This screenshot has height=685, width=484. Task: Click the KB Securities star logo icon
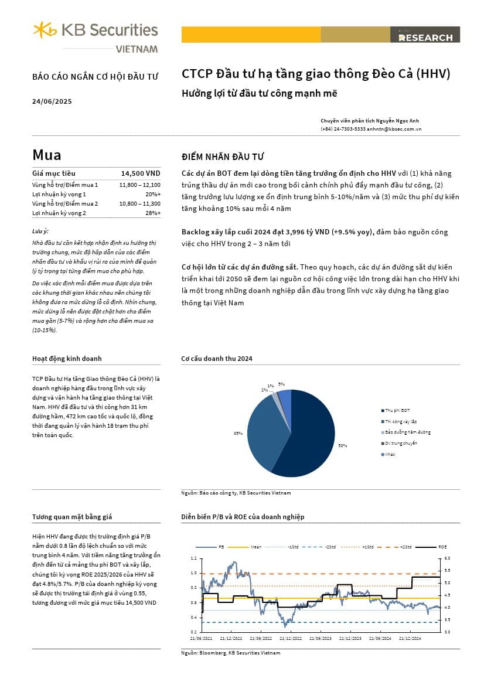click(x=45, y=29)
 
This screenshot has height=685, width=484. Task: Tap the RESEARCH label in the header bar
click(x=425, y=38)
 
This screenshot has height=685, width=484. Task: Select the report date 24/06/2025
click(x=52, y=101)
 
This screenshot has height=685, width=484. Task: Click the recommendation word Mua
click(x=47, y=155)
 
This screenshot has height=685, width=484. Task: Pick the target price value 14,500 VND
click(x=141, y=173)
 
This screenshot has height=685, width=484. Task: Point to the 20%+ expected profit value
click(x=153, y=194)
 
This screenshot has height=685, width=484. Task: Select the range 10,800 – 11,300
click(x=139, y=203)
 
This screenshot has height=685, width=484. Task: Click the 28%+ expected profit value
click(x=153, y=213)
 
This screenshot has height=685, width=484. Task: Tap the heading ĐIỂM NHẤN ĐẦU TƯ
click(x=223, y=156)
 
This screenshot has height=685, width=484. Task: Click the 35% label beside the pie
click(x=238, y=434)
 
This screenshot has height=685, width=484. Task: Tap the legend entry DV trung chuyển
click(x=401, y=443)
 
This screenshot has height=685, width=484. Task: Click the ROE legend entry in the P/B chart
click(x=442, y=547)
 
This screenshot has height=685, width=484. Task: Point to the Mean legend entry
click(x=256, y=547)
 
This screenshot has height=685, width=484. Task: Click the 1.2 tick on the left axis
click(x=194, y=557)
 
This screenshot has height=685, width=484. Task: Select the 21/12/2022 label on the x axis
click(x=290, y=638)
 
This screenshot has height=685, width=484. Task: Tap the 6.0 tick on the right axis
click(x=446, y=557)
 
